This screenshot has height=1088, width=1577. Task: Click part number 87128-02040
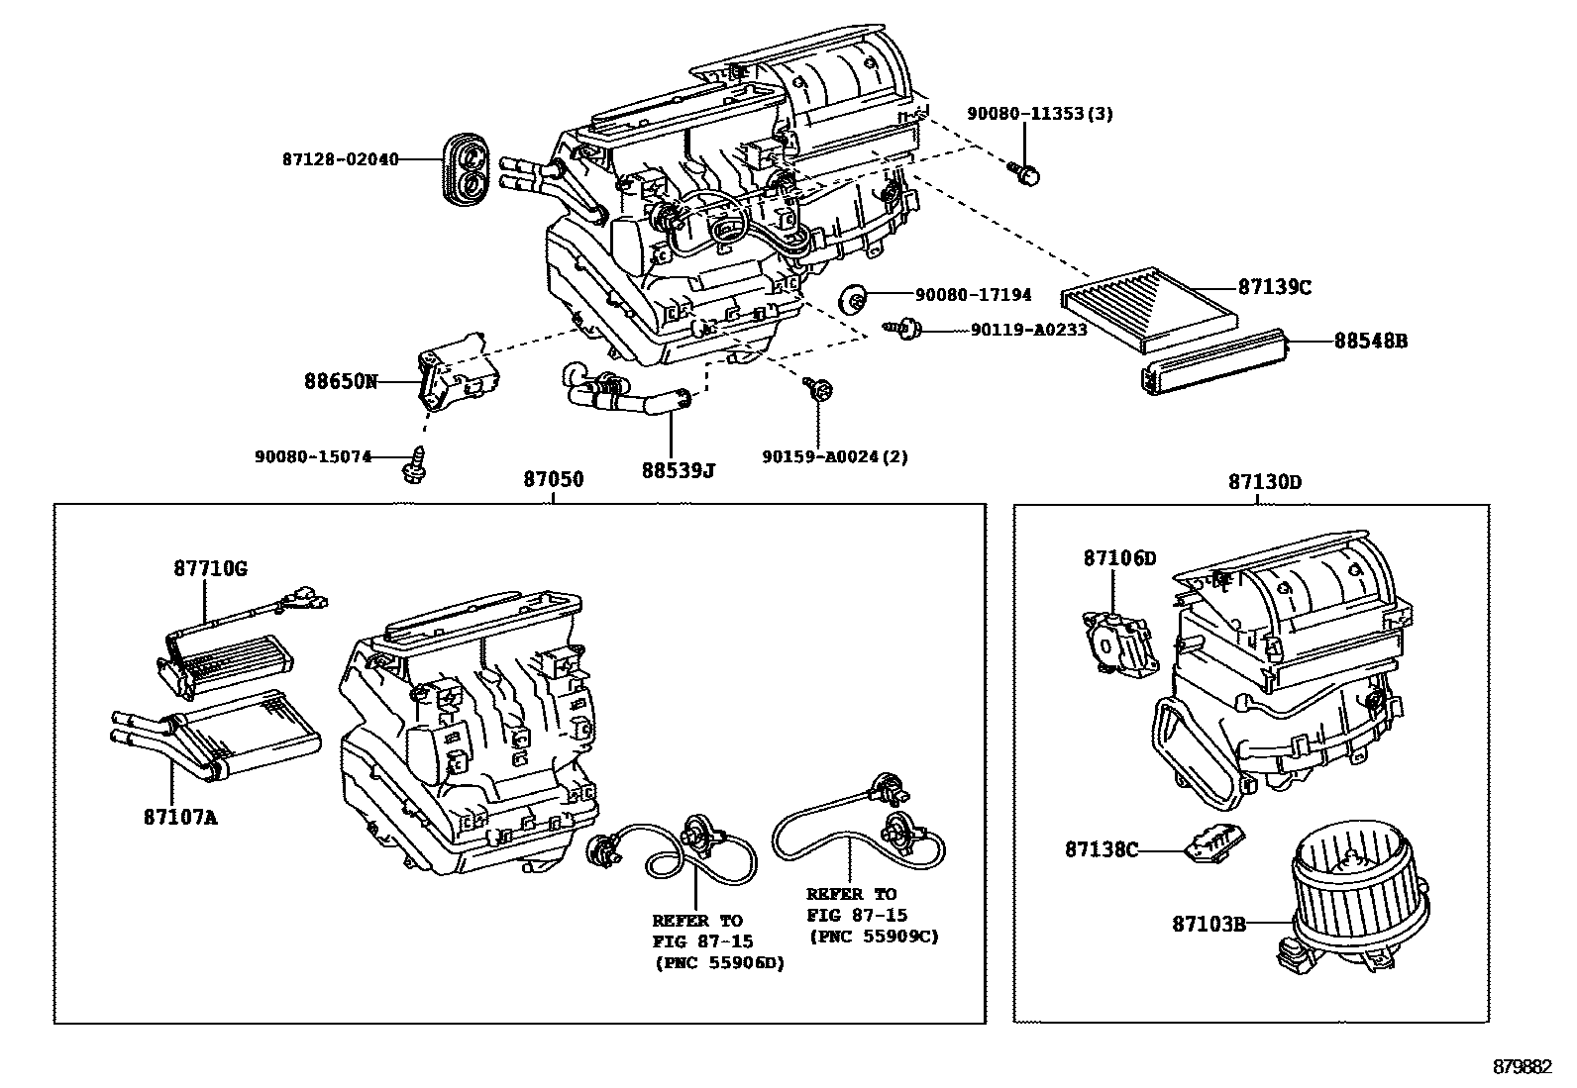pos(340,159)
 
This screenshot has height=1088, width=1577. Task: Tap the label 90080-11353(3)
pos(1039,113)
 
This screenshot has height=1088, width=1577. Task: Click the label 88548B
pos(1370,341)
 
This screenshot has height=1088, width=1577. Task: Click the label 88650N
pos(341,380)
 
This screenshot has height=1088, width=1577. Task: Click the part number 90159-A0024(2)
pos(834,456)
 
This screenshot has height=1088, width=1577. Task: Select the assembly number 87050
pos(553,480)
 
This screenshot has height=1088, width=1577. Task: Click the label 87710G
pos(211,568)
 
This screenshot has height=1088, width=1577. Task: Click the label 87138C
pos(1102,849)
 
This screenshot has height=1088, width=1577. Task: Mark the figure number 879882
pos(1522,1067)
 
